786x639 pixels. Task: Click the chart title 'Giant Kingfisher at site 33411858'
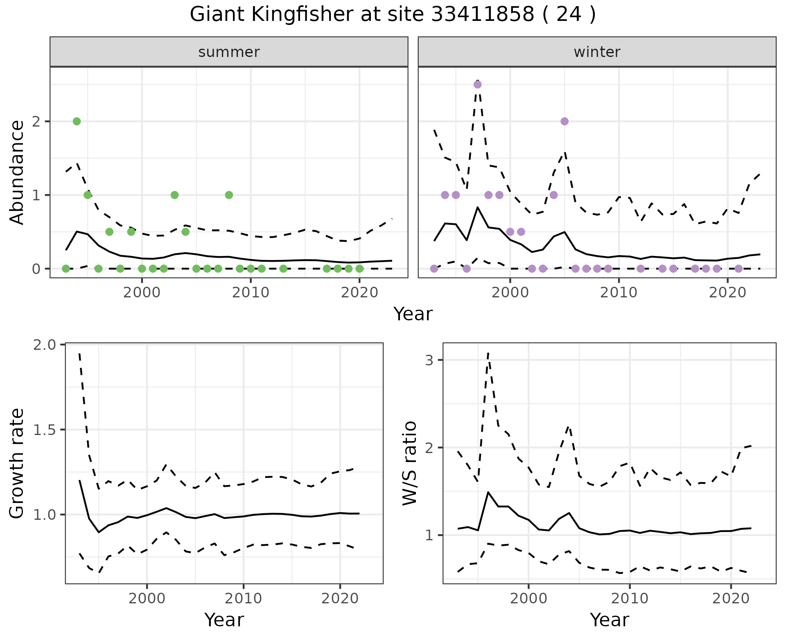[393, 15]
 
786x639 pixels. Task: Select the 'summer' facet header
[229, 52]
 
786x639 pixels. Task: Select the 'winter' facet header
[597, 52]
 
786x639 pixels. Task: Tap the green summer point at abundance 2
[77, 121]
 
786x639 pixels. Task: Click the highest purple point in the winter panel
[477, 84]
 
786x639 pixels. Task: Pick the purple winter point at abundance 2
[565, 121]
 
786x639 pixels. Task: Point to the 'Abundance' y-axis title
[17, 172]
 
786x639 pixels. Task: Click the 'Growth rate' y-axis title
[17, 463]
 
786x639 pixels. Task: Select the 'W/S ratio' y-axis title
[409, 463]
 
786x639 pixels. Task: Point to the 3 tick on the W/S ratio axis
[429, 360]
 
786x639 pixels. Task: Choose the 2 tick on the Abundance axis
[36, 122]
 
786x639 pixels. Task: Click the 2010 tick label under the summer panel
[251, 293]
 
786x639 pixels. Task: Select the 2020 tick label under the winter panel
[727, 293]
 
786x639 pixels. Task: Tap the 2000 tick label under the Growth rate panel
[147, 598]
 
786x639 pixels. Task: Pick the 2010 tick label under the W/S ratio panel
[630, 598]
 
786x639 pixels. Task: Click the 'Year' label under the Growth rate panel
[224, 620]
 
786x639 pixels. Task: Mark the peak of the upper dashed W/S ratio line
[488, 353]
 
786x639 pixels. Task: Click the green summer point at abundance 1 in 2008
[229, 195]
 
